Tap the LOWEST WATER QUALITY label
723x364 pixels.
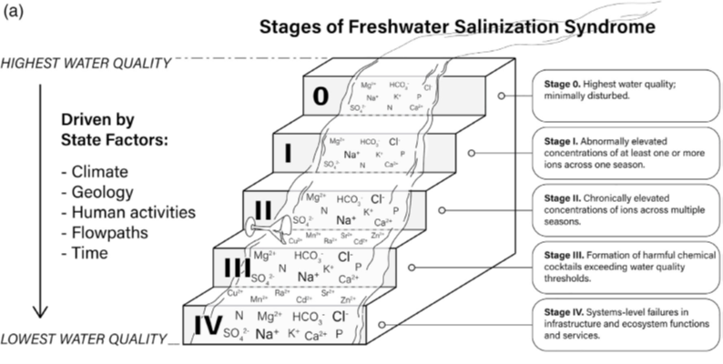(x=84, y=340)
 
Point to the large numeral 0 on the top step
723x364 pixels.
(x=319, y=96)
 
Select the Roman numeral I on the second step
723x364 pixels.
(x=288, y=152)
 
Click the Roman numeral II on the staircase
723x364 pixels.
(x=261, y=209)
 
